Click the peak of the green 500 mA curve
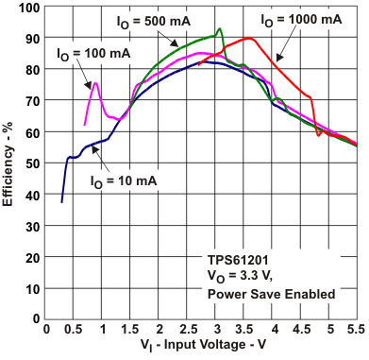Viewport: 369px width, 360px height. point(220,29)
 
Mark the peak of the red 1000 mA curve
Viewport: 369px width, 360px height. point(248,39)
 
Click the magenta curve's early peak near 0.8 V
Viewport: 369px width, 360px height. point(95,83)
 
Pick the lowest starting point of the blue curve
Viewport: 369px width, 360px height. point(62,201)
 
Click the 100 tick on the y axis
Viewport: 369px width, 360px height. point(29,8)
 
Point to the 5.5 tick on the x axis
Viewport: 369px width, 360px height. point(357,331)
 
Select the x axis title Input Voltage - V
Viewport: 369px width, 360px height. point(201,350)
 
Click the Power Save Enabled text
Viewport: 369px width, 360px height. point(272,294)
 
